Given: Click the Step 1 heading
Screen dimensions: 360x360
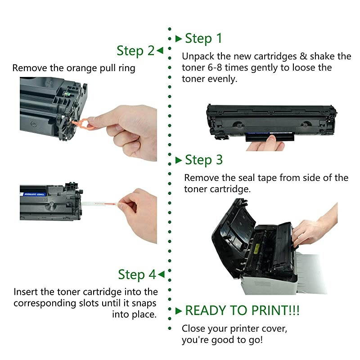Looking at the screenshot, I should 203,39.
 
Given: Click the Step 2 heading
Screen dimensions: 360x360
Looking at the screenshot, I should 135,51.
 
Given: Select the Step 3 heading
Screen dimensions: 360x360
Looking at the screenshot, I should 203,160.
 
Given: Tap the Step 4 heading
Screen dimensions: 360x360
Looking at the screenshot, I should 137,274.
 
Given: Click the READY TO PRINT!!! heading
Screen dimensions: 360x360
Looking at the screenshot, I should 242,310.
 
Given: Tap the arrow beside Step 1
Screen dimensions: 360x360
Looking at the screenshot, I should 179,39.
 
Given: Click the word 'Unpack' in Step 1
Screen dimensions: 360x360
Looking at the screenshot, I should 197,57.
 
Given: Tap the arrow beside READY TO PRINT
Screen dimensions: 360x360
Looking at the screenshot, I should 179,310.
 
